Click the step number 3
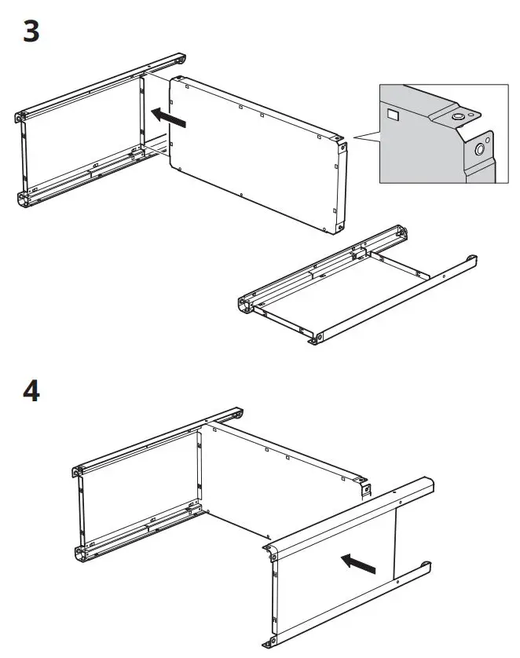(x=31, y=33)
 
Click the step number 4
(x=31, y=389)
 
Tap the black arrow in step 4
(x=357, y=562)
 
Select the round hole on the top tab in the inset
(x=457, y=118)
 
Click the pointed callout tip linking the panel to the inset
(x=354, y=139)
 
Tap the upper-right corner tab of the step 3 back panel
(x=341, y=146)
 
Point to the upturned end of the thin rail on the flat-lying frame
(x=473, y=259)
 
